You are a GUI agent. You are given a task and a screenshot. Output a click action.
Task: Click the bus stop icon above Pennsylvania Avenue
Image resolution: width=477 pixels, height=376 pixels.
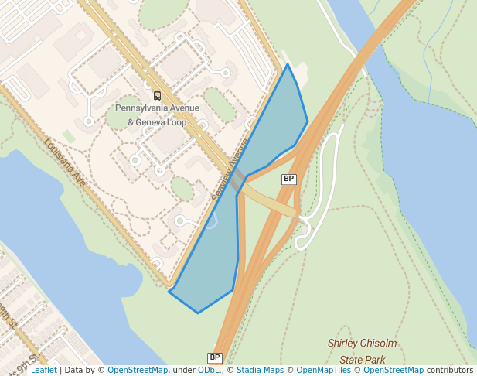point(158,96)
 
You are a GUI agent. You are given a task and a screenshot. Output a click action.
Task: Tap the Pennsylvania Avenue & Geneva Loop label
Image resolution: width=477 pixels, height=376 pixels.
point(157,115)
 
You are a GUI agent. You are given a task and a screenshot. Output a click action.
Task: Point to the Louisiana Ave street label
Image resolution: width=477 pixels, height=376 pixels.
point(65,162)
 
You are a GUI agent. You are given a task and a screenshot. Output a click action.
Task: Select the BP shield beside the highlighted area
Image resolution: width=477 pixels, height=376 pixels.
point(289,179)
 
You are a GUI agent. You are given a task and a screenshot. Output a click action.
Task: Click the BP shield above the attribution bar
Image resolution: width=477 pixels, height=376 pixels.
point(215,357)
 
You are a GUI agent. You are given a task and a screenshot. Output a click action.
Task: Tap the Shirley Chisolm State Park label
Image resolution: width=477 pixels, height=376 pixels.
point(363,351)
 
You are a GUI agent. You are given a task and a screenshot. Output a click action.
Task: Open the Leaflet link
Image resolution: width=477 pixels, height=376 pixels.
point(43,371)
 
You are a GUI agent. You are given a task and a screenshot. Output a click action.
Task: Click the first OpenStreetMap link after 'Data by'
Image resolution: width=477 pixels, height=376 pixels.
point(138,371)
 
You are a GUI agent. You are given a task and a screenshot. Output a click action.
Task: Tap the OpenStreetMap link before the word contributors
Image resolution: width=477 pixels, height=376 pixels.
point(394,371)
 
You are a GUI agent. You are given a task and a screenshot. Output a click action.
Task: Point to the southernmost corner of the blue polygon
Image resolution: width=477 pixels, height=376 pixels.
point(198,313)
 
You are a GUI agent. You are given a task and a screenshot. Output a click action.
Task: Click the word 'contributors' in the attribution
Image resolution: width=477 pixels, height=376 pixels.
point(450,371)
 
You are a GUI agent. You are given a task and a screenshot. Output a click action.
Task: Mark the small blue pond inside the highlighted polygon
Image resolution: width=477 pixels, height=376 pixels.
point(212,223)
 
